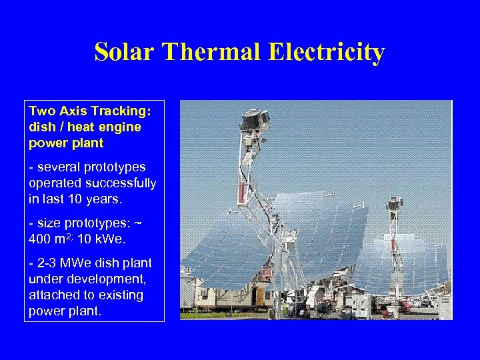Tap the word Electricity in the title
(327, 52)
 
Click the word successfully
(118, 183)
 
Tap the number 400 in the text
(42, 239)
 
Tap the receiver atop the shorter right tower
(395, 204)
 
